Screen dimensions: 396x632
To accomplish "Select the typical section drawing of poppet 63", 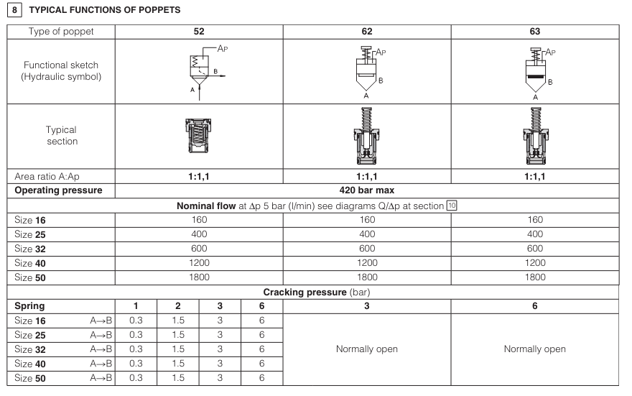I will pos(534,137).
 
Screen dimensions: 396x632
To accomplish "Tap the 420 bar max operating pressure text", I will pos(367,190).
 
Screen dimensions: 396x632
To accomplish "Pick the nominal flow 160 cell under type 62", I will pos(367,221).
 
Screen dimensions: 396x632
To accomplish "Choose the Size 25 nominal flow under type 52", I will pos(199,234).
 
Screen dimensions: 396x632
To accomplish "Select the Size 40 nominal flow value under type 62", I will pos(367,262).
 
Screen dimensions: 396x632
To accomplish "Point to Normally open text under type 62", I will pos(367,349).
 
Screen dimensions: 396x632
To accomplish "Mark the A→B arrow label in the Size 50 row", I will pos(101,378).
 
